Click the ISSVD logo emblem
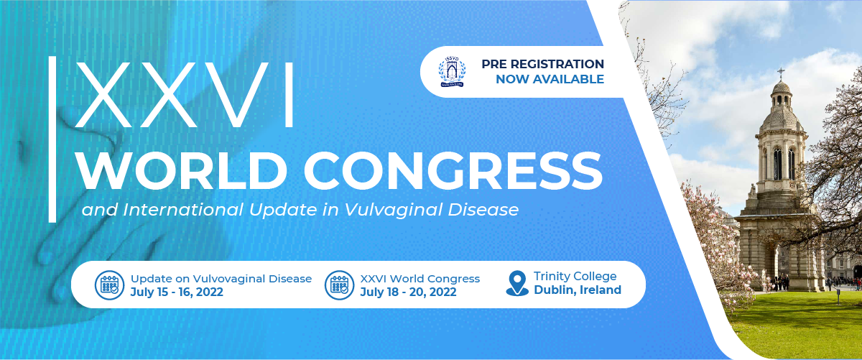click(452, 72)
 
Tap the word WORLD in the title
click(182, 171)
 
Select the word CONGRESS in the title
click(453, 171)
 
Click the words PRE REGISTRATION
click(542, 64)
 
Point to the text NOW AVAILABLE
click(550, 79)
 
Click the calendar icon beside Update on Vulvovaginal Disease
click(110, 285)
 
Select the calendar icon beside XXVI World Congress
click(339, 285)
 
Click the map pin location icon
click(517, 283)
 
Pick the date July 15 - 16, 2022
click(177, 292)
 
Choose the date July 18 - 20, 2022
click(408, 292)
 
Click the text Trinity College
click(575, 276)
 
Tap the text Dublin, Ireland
click(578, 290)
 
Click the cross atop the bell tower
click(781, 73)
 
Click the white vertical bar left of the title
click(52, 139)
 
